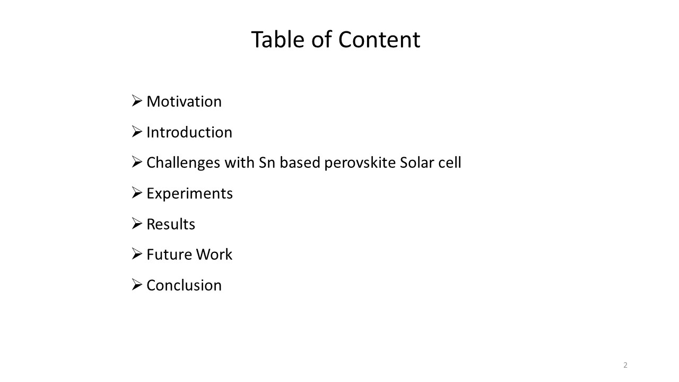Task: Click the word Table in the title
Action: pos(277,39)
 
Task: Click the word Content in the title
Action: pos(379,39)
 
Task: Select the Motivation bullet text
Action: pos(184,101)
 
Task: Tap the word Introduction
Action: pos(189,132)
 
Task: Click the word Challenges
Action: pos(184,163)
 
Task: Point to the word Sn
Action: pos(266,163)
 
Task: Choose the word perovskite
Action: pos(360,163)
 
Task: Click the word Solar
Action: pos(417,163)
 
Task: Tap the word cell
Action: pos(450,163)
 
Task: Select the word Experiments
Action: pos(190,194)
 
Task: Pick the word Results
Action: pos(171,224)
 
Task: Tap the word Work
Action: pos(214,254)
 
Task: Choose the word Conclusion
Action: pos(184,285)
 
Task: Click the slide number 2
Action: pos(625,365)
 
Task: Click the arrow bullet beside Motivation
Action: pos(137,101)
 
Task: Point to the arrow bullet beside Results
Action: pos(137,224)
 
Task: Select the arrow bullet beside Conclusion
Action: pos(137,285)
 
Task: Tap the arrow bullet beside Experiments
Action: pos(137,193)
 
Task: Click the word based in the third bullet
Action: pos(300,163)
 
